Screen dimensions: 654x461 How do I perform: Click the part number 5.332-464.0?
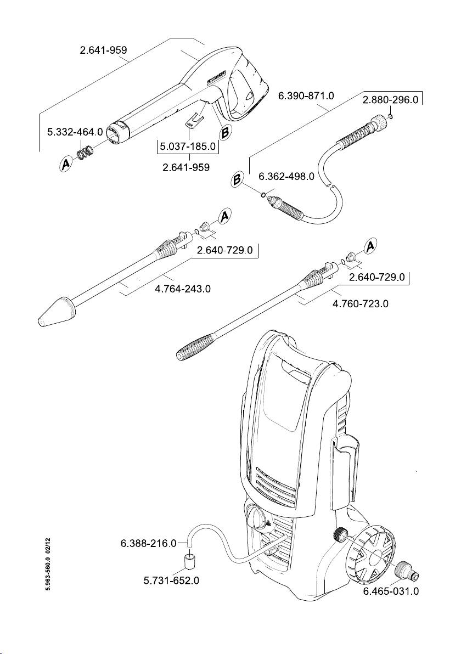(75, 132)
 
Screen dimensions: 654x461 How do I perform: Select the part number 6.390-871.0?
(306, 96)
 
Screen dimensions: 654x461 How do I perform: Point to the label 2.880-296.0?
(391, 100)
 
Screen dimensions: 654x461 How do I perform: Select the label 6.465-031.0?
(391, 591)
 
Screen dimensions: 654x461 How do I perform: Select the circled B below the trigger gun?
(225, 133)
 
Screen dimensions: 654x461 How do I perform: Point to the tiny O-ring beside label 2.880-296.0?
(390, 116)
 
